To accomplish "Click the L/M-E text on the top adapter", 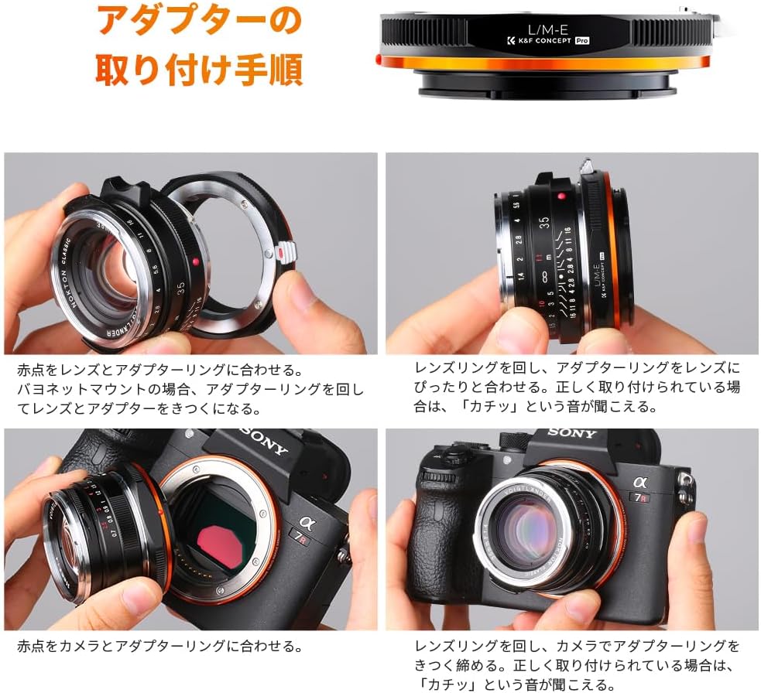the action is click(548, 29).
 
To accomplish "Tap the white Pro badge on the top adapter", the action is click(582, 41).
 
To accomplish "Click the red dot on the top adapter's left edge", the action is click(378, 59).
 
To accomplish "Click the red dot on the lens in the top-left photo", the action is click(195, 261).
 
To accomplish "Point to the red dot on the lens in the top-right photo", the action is click(562, 196).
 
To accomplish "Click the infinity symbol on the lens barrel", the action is click(544, 277).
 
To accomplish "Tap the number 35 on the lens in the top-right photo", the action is click(544, 222).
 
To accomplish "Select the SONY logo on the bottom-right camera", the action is click(572, 432).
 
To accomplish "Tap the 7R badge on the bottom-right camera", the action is click(642, 497).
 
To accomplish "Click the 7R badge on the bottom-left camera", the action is click(297, 537).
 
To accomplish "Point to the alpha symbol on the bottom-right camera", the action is click(640, 482).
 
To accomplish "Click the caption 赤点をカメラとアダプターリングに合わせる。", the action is click(160, 646).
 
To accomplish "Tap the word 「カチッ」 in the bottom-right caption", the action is click(447, 684).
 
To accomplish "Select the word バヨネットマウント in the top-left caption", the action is click(83, 389).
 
